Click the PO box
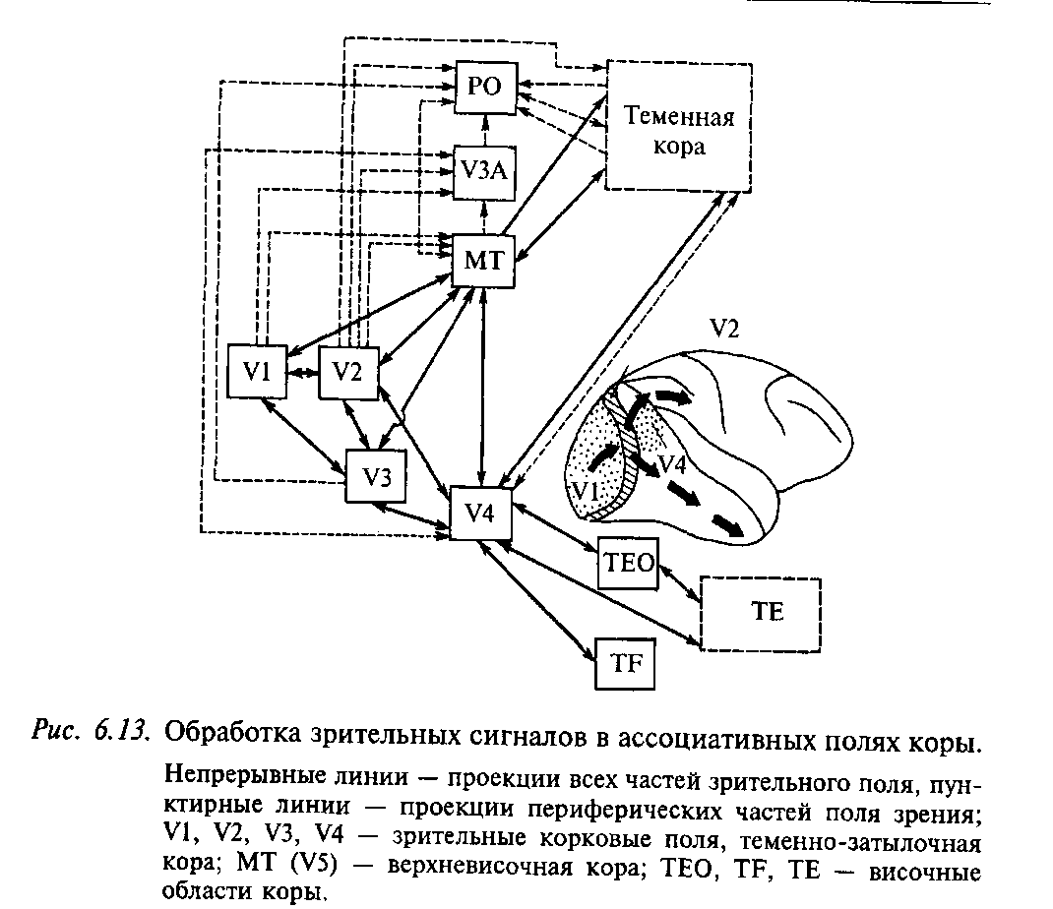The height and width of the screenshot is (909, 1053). (x=484, y=87)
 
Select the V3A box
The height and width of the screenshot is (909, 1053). (x=483, y=173)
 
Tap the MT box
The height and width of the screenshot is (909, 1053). (x=482, y=261)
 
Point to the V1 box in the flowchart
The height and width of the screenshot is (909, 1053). (x=257, y=371)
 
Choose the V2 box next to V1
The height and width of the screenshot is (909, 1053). (x=348, y=372)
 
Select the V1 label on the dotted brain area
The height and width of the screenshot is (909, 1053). (x=588, y=489)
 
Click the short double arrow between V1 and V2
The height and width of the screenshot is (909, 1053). (x=303, y=372)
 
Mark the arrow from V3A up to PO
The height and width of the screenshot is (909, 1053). (x=483, y=131)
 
